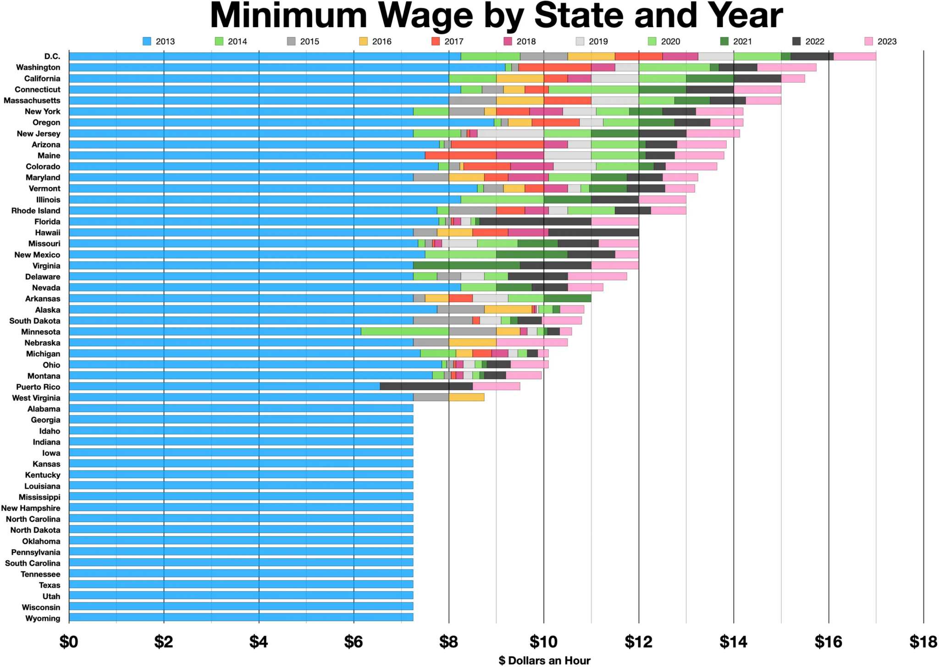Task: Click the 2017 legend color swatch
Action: point(436,41)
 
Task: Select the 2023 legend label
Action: point(887,41)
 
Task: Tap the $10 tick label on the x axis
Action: point(543,642)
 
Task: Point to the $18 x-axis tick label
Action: point(923,642)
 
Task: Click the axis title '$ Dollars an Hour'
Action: point(544,660)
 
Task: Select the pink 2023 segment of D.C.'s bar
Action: point(854,56)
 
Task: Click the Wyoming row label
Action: point(43,618)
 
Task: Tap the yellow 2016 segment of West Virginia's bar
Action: point(466,397)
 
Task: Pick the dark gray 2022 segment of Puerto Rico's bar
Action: point(426,386)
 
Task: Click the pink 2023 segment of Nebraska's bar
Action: point(531,342)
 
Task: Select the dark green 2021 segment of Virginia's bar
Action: point(466,265)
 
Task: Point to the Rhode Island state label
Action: point(36,210)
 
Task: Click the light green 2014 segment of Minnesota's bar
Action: point(404,331)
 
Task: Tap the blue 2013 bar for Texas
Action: point(241,585)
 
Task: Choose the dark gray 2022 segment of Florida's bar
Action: point(535,221)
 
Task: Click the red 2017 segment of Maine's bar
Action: point(460,155)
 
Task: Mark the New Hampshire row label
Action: point(31,508)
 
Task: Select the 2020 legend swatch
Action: point(652,41)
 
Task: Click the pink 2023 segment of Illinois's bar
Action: point(662,199)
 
